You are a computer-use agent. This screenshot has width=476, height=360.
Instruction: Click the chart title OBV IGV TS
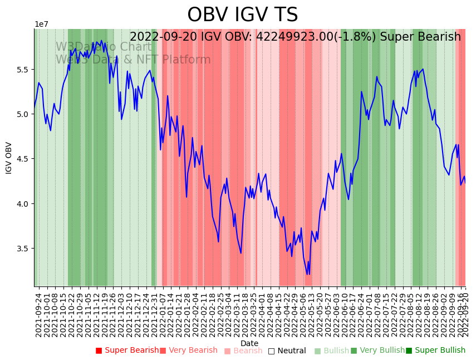tap(242, 15)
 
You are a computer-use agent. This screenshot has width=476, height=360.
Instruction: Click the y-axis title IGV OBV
tap(9, 158)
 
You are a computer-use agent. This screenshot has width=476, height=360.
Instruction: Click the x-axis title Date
tap(249, 343)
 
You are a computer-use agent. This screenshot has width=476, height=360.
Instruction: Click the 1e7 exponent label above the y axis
tap(41, 25)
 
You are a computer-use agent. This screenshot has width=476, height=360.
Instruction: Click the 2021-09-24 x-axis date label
tap(38, 315)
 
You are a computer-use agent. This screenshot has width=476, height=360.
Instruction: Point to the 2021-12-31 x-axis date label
tap(154, 315)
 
